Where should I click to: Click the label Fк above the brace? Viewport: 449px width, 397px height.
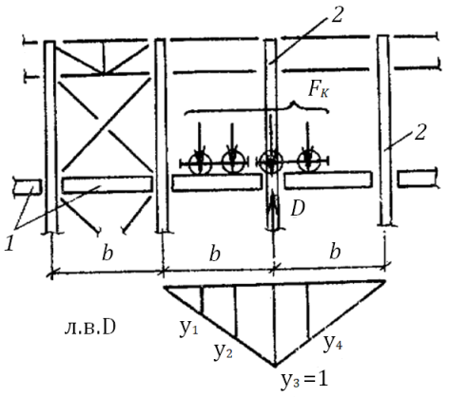(x=319, y=89)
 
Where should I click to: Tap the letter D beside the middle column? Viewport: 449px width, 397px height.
(x=298, y=208)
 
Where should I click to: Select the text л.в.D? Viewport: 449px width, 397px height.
(x=89, y=329)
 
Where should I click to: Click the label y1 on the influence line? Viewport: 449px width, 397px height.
(x=188, y=329)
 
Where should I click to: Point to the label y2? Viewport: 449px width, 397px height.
(x=223, y=352)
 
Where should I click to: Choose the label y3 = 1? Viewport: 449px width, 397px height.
(x=304, y=380)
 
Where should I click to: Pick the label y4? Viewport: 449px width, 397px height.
(x=333, y=343)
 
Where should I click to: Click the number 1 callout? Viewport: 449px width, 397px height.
(x=10, y=244)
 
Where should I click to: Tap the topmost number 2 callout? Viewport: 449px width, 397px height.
(x=337, y=15)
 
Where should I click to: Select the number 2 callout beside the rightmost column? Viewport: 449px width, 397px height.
(x=420, y=132)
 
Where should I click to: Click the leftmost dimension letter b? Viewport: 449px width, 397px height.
(x=107, y=254)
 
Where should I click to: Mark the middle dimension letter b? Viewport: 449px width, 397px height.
(x=215, y=254)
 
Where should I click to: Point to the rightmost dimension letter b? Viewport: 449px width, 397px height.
(x=335, y=253)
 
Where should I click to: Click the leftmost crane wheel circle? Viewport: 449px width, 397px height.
(x=200, y=163)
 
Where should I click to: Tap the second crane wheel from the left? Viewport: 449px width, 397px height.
(x=233, y=162)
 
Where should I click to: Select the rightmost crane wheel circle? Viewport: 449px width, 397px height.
(x=307, y=161)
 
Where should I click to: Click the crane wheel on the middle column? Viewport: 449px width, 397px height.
(x=270, y=162)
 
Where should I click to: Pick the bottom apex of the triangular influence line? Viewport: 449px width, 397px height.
(x=275, y=367)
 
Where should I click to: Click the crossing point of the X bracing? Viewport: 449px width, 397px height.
(x=105, y=124)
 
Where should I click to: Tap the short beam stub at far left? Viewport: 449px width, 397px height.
(x=28, y=187)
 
